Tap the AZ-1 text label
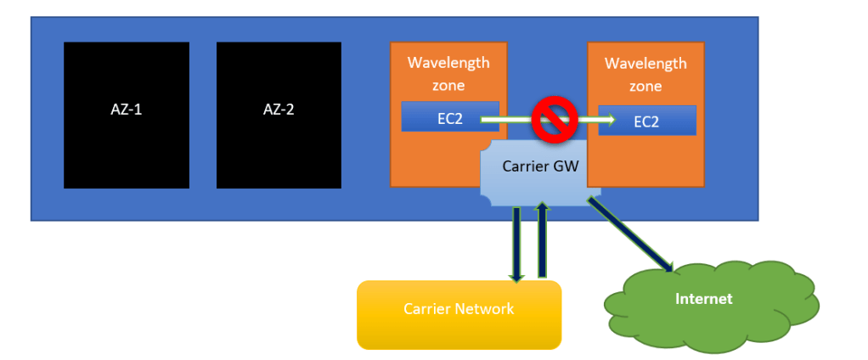(x=127, y=110)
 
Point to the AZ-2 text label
(x=279, y=110)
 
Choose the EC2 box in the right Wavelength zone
(x=646, y=121)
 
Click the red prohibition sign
(x=555, y=120)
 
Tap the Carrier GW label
(x=540, y=167)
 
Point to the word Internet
(x=703, y=299)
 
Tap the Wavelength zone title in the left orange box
(x=448, y=74)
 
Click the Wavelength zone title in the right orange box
(x=645, y=75)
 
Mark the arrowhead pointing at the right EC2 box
(x=607, y=120)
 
